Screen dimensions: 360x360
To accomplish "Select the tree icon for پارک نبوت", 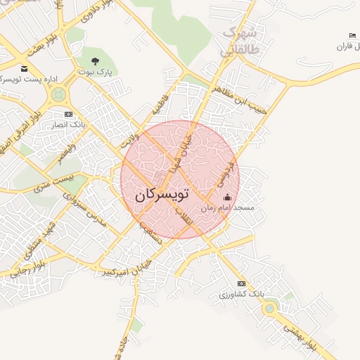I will point(95,61).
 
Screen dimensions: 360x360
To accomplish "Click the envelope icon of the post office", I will point(25,69).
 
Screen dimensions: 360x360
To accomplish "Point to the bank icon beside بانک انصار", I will point(68,114).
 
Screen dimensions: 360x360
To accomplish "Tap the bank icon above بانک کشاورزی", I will point(241,283).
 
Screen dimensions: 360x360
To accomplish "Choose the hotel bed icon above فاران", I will point(352,36).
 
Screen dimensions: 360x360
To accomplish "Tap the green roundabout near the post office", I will point(58,94).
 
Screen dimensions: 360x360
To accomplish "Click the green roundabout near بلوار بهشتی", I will point(269,307).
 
